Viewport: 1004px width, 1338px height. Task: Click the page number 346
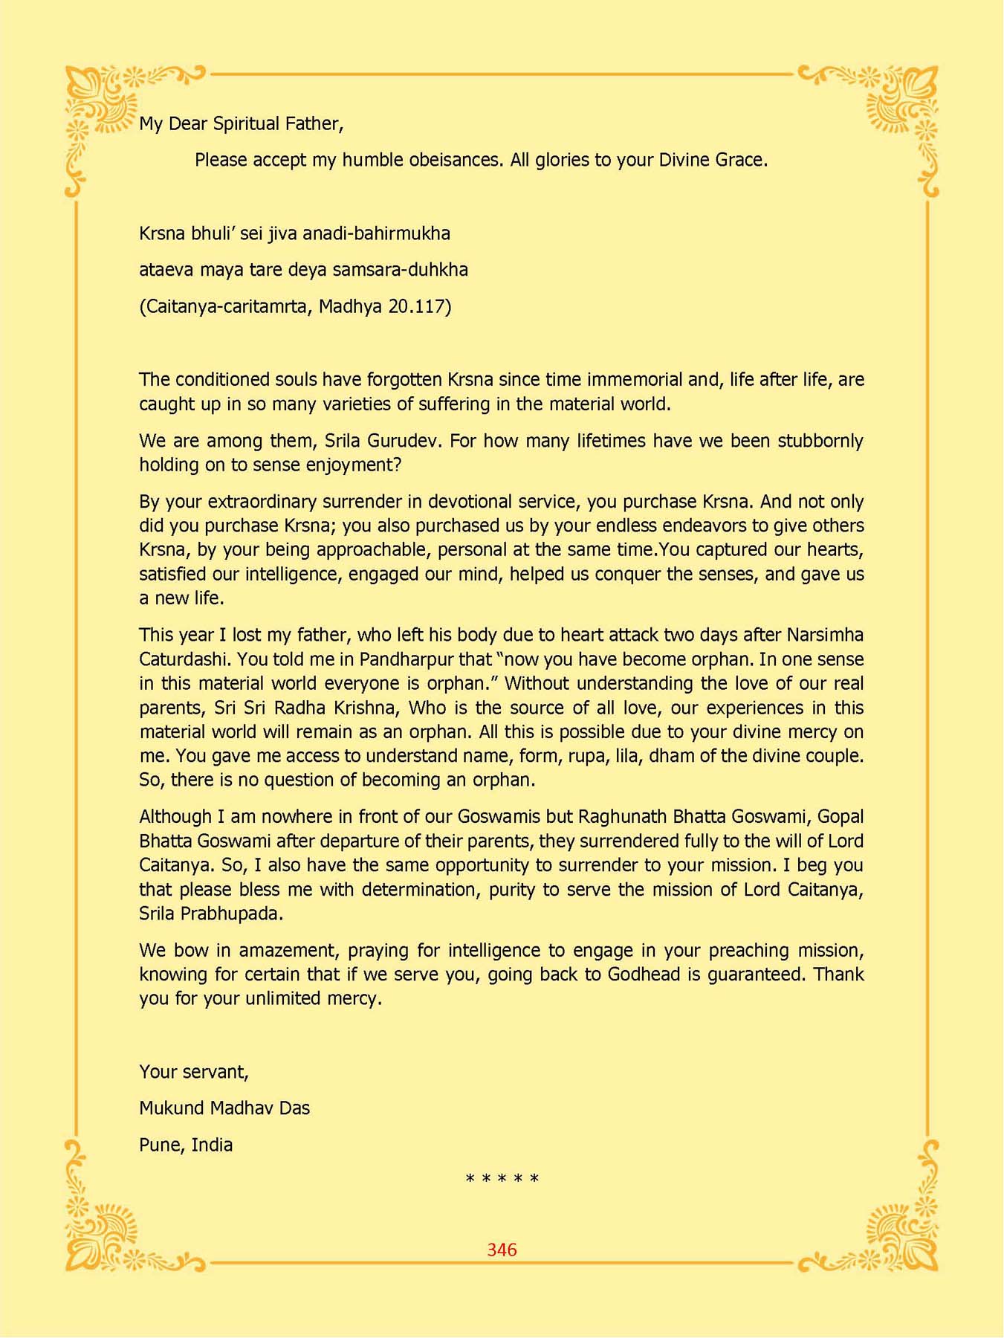point(502,1250)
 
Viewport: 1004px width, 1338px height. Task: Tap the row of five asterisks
point(502,1179)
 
